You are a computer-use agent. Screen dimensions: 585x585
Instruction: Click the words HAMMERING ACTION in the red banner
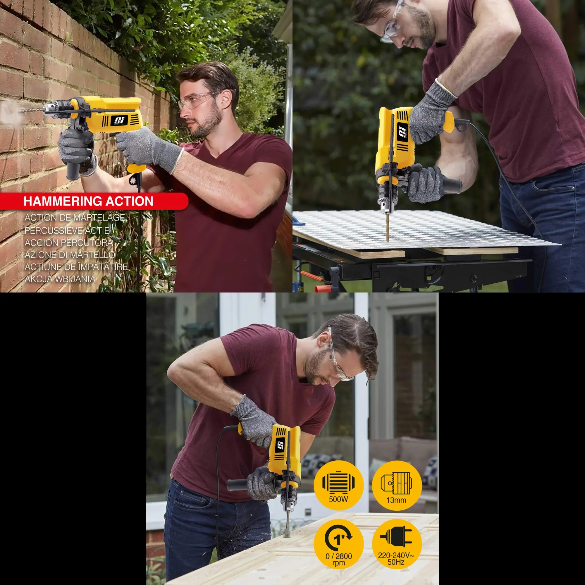coord(88,201)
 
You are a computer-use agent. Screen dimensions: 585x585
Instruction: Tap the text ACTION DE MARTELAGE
coord(75,217)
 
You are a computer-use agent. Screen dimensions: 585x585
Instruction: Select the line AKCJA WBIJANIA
coord(60,279)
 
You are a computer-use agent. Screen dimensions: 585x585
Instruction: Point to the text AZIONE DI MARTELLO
coord(70,255)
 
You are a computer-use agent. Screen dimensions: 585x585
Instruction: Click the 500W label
coord(338,499)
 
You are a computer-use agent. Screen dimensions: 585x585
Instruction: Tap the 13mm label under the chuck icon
coord(396,500)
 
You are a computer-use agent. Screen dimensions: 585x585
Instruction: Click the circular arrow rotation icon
coord(338,537)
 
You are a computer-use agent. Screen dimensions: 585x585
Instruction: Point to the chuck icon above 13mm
coord(396,482)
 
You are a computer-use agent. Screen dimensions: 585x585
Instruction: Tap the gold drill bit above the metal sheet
coord(388,226)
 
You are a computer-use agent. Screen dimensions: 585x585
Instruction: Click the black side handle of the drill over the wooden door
coord(239,485)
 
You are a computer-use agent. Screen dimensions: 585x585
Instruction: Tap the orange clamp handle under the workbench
coord(321,288)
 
